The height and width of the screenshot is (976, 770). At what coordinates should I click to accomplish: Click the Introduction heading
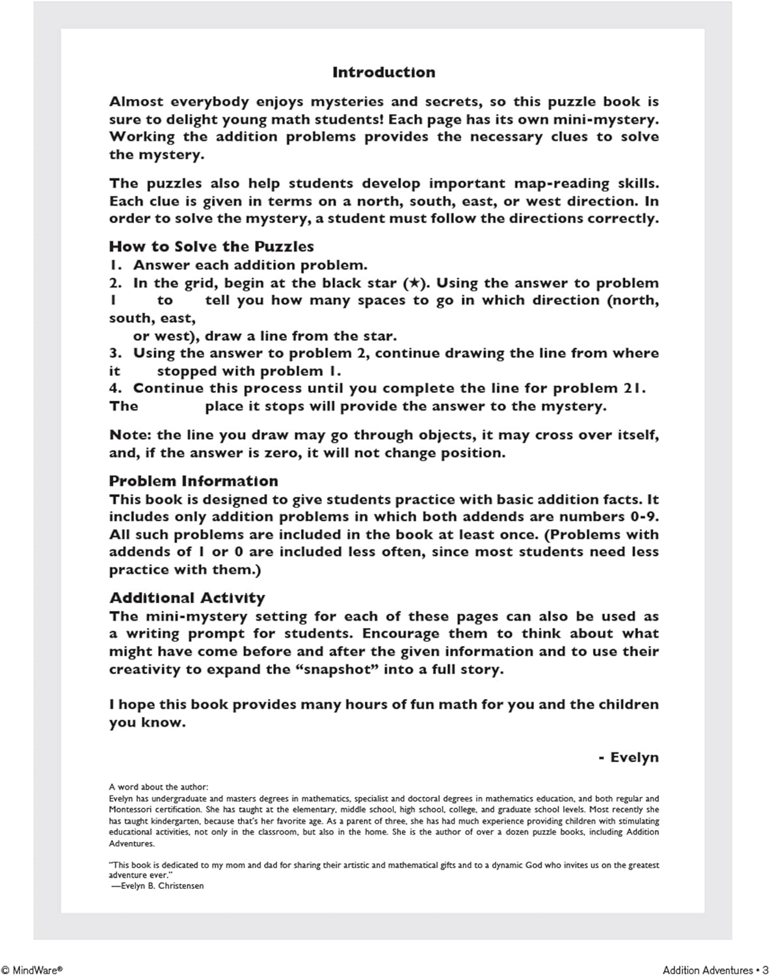pyautogui.click(x=384, y=72)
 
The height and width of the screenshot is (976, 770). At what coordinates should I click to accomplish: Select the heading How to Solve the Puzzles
pyautogui.click(x=211, y=247)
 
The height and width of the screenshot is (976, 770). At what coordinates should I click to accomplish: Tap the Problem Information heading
pyautogui.click(x=193, y=481)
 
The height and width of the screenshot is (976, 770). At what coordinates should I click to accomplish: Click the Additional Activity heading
pyautogui.click(x=187, y=598)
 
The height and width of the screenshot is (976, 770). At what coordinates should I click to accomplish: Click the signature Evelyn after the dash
pyautogui.click(x=634, y=757)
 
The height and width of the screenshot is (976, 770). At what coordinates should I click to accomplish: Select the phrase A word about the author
pyautogui.click(x=159, y=787)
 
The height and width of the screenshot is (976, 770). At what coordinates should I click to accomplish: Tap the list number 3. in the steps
pyautogui.click(x=116, y=353)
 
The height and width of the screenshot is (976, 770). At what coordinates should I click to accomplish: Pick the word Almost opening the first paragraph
pyautogui.click(x=137, y=102)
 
